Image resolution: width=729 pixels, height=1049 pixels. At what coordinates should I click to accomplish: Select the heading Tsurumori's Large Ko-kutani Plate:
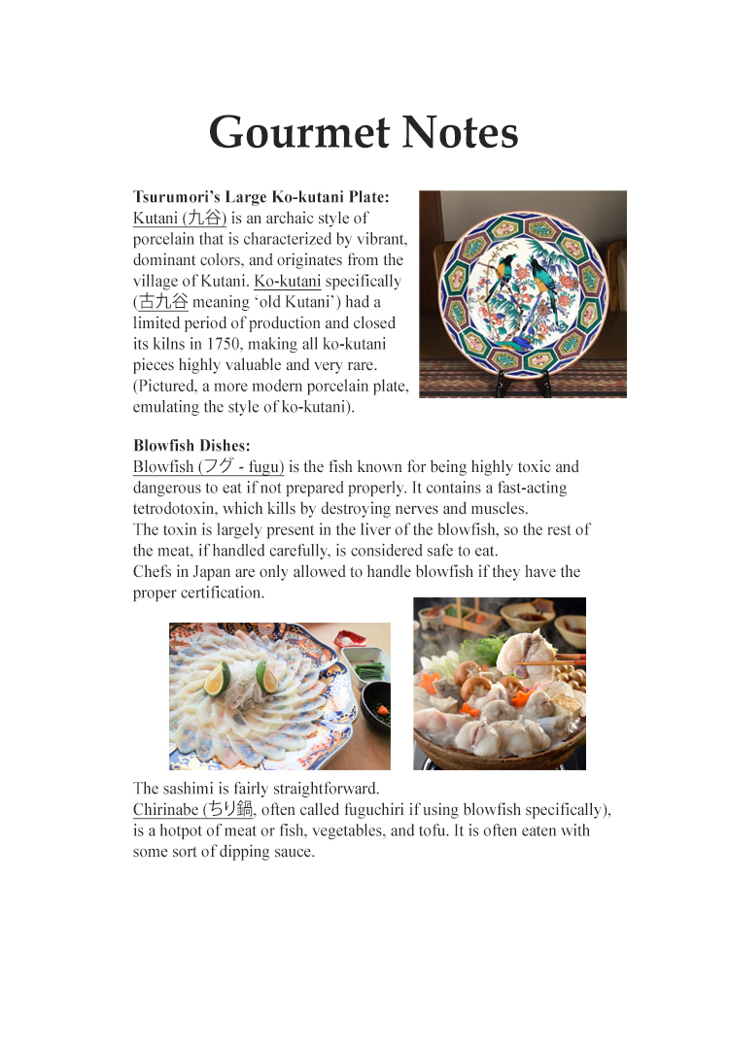coord(260,197)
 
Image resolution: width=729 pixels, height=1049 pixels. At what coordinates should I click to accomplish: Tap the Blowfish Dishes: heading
coord(191,446)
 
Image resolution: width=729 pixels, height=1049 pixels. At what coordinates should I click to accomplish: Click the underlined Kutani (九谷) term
coord(180,219)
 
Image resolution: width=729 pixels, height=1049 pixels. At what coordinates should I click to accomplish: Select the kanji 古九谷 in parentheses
coord(163,302)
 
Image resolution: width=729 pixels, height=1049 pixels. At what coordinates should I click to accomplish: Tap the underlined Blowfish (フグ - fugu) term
coord(208,467)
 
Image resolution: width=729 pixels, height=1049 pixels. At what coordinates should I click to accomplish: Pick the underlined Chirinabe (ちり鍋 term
coord(192,810)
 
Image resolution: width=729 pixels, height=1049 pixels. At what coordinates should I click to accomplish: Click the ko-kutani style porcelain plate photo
coord(522,293)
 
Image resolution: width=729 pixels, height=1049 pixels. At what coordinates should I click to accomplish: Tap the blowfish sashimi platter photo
coord(279,695)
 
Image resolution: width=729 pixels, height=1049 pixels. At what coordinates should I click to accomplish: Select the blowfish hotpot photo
coord(499,683)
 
